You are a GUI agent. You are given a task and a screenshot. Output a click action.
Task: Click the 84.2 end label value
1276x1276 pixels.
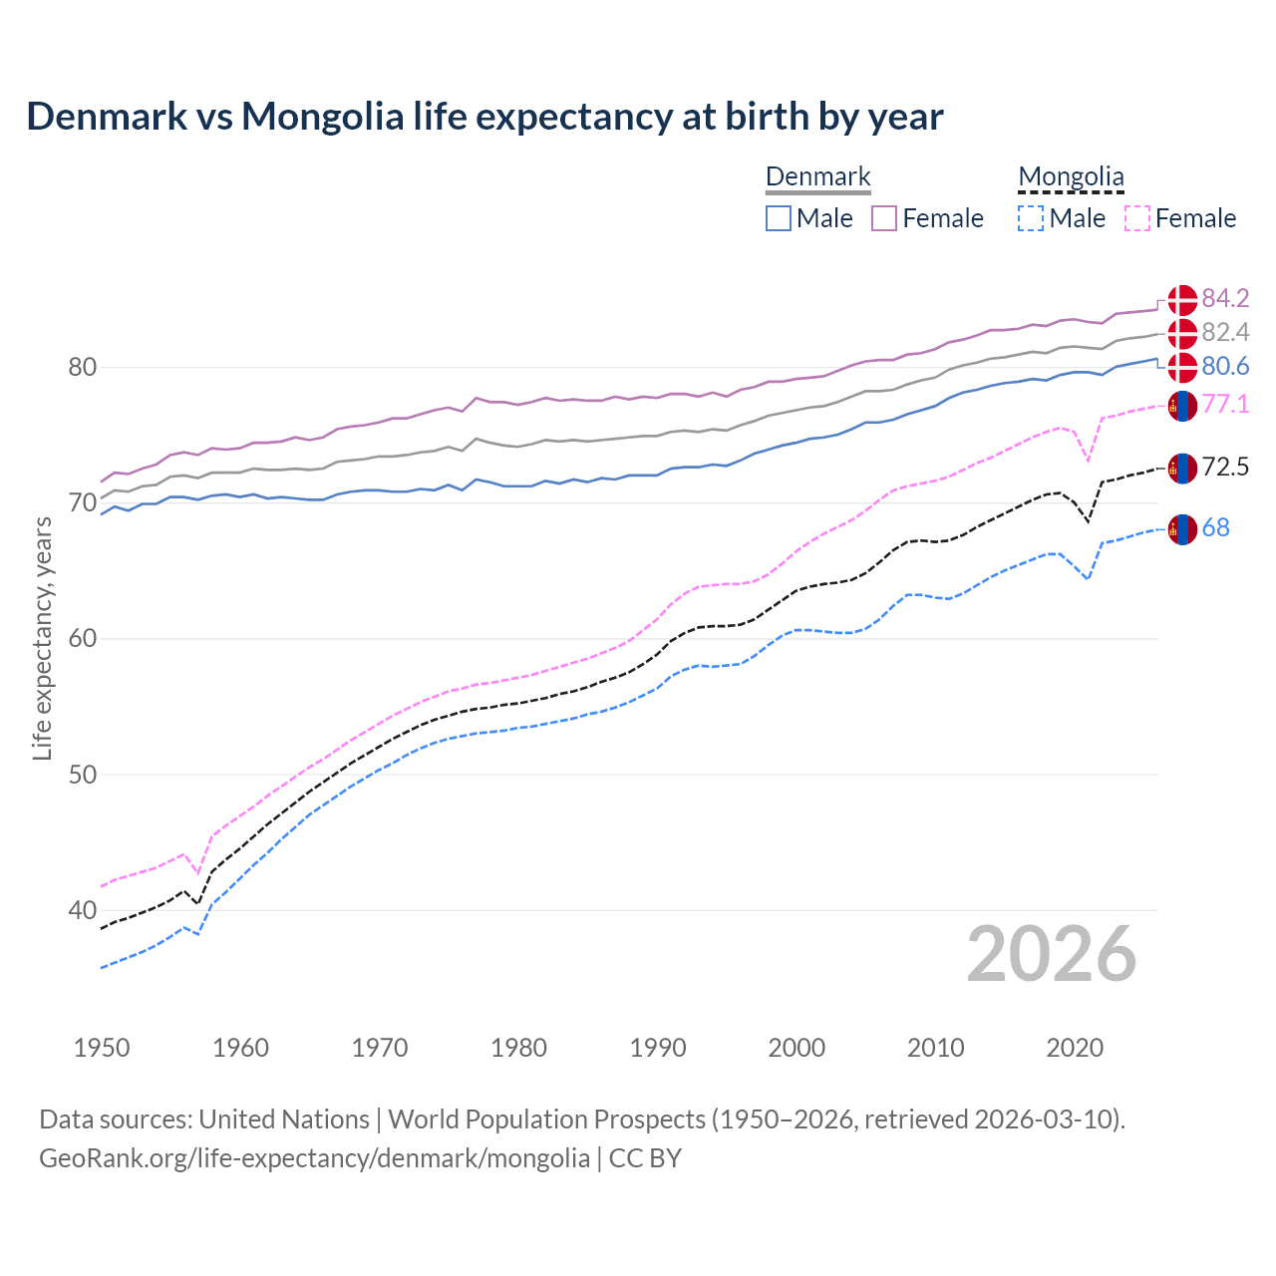click(1225, 298)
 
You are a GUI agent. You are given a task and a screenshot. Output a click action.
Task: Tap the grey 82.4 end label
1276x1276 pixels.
click(1225, 332)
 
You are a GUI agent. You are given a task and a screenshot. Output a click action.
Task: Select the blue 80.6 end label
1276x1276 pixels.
click(1225, 366)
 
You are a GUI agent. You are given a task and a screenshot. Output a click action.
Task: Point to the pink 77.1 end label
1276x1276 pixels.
click(1225, 404)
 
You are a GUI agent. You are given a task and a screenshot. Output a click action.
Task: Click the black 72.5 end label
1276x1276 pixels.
click(1225, 467)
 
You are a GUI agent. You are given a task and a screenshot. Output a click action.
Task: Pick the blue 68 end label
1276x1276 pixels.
click(1215, 527)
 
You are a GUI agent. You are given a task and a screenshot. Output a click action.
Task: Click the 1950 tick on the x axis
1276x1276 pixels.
click(102, 1048)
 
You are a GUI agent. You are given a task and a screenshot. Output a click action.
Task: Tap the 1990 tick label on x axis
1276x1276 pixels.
click(658, 1048)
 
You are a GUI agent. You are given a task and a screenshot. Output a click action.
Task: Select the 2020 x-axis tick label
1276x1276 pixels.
click(1075, 1048)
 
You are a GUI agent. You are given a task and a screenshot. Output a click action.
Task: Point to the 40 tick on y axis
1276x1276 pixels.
click(83, 910)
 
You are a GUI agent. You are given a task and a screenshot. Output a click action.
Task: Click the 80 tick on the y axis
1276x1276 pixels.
click(83, 367)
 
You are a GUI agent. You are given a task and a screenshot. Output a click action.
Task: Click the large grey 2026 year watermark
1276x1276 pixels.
click(1051, 954)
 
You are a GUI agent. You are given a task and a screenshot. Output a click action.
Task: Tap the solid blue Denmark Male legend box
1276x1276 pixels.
click(779, 218)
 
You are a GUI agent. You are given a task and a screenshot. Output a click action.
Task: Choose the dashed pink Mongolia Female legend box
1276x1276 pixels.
click(1137, 218)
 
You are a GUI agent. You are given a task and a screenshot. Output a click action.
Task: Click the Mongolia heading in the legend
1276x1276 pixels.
click(1071, 176)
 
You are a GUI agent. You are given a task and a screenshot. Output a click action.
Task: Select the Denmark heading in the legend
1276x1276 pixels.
click(817, 176)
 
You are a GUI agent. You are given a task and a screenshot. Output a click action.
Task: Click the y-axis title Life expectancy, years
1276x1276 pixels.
click(42, 638)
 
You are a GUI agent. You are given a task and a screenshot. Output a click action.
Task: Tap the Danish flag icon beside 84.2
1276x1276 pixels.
click(1182, 299)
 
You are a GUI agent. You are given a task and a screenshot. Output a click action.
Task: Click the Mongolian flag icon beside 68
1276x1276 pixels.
click(1182, 529)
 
